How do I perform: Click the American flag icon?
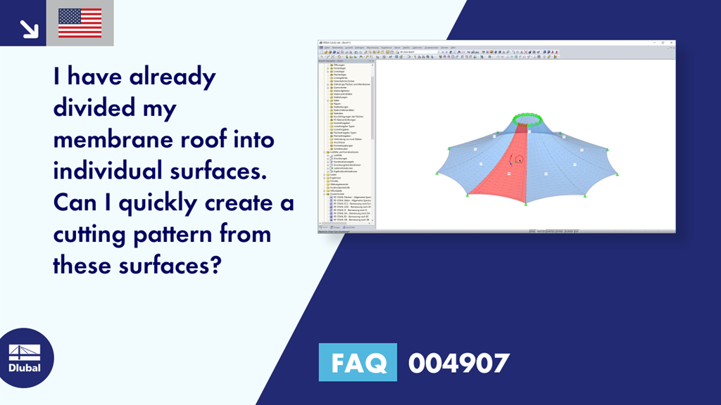[80, 23]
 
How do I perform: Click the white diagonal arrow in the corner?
[29, 29]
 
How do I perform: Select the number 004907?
[458, 363]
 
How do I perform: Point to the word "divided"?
[94, 109]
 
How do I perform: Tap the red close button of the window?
[672, 43]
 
